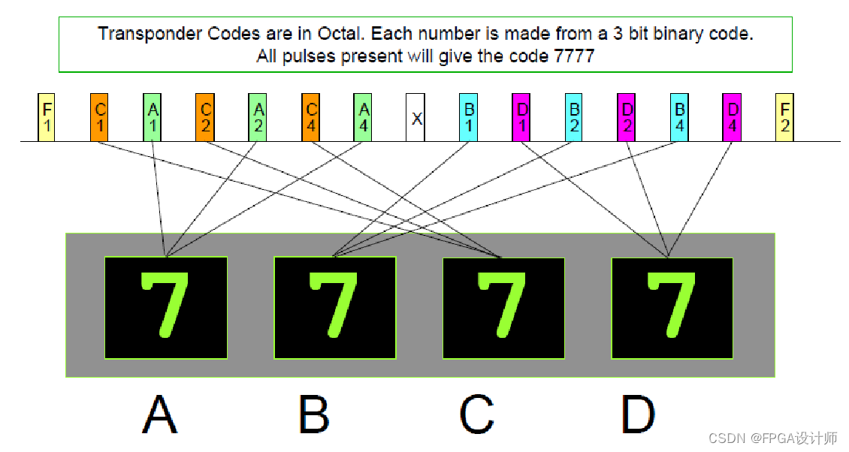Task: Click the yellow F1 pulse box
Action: [x=47, y=117]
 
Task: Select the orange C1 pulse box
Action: [x=99, y=117]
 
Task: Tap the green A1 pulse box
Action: [x=153, y=117]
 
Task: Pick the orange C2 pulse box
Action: [x=205, y=117]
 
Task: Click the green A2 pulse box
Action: [x=258, y=117]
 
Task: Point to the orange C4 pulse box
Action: [x=311, y=117]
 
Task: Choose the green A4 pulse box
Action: [x=364, y=117]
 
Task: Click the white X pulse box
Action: [x=415, y=117]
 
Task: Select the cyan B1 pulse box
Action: [x=469, y=117]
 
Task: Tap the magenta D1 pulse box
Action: [x=521, y=117]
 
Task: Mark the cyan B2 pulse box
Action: [x=574, y=117]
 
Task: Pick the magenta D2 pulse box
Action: [x=627, y=117]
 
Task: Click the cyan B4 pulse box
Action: [x=679, y=117]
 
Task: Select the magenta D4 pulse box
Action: [x=732, y=117]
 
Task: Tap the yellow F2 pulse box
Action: [x=784, y=117]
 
